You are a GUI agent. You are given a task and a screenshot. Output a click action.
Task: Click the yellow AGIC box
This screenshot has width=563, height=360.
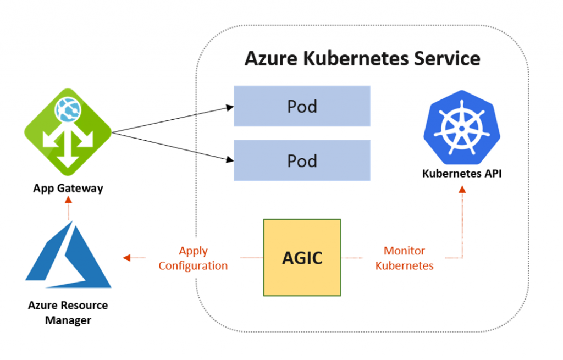pos(302,258)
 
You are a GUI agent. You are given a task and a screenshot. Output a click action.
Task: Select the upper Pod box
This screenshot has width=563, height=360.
pos(302,106)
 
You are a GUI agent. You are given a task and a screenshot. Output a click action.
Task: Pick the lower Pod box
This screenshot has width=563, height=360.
pos(302,160)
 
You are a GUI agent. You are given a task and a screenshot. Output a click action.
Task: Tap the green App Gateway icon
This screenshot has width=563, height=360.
pos(68,132)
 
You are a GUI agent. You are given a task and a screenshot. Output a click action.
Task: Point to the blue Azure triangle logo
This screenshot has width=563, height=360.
pos(68,258)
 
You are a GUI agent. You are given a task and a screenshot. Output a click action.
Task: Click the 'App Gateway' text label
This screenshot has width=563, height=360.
pos(68,189)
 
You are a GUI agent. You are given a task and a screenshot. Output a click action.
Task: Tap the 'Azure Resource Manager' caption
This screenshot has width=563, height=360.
pos(68,313)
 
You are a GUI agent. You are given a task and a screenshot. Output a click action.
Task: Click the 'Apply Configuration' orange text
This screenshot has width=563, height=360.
pos(193,258)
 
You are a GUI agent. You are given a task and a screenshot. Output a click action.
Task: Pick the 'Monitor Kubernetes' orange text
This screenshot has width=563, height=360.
pos(404,258)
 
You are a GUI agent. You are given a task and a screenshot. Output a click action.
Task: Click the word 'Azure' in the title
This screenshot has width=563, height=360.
pos(271,58)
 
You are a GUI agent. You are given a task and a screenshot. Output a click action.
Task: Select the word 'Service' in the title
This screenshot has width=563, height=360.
pos(446,58)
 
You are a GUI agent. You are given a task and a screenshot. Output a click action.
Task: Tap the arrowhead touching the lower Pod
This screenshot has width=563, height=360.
pos(230,160)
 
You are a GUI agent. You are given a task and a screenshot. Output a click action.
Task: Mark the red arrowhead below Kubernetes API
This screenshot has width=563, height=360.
pos(462,189)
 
